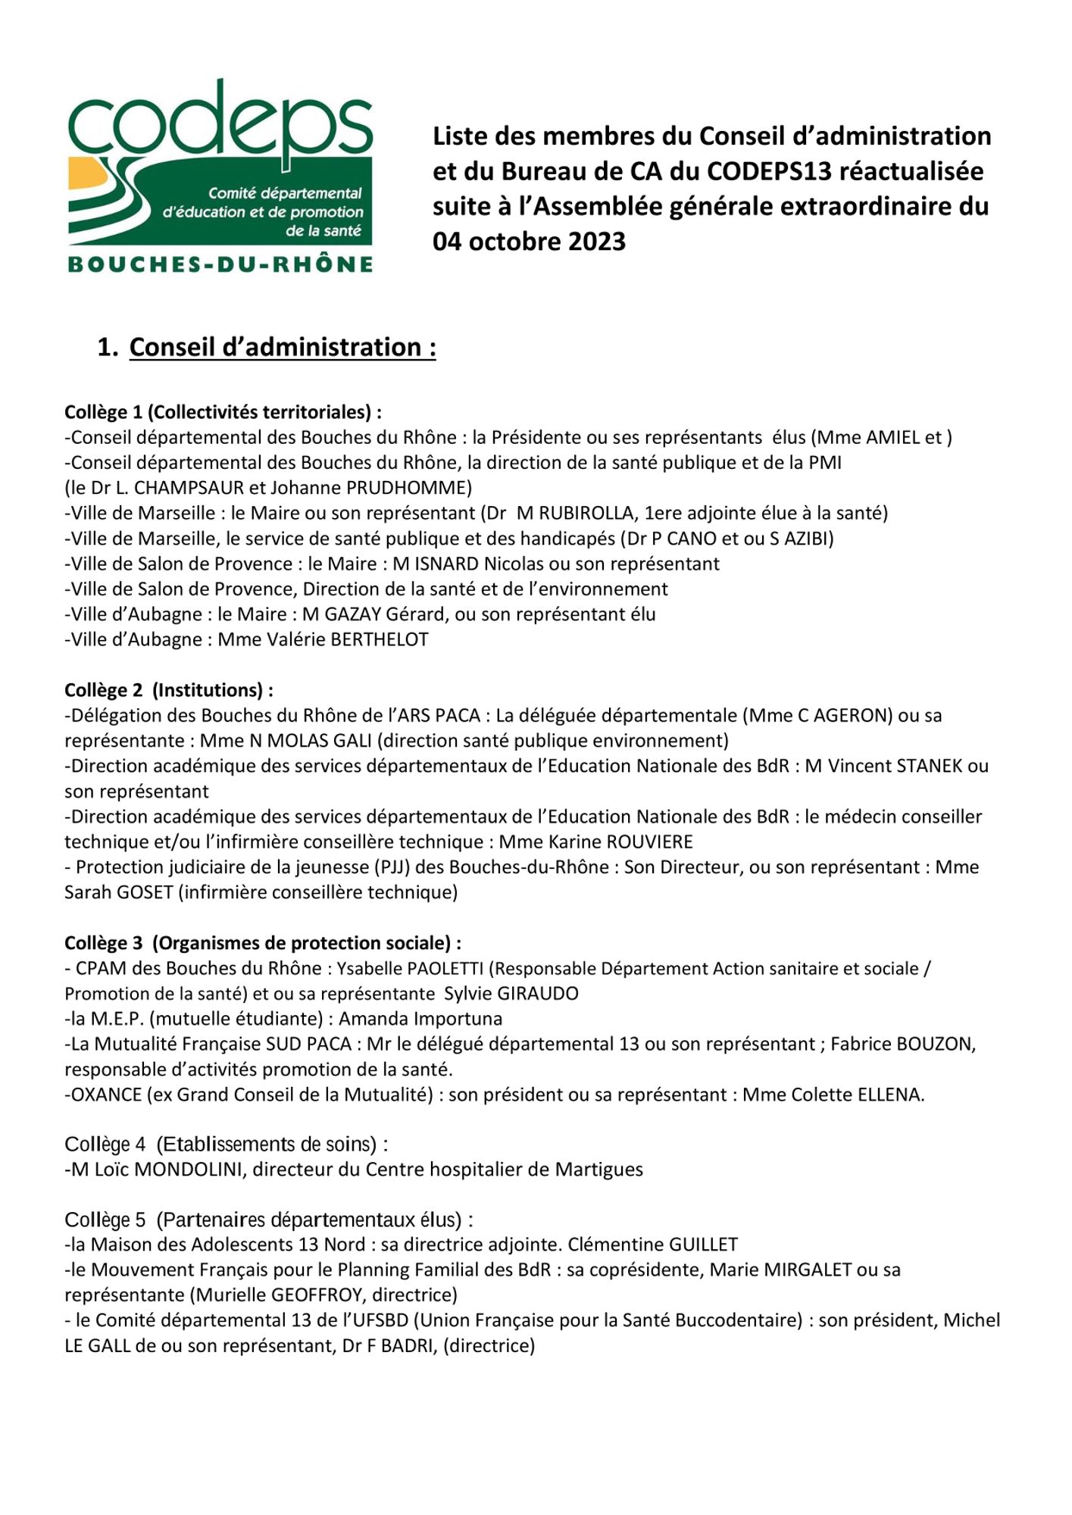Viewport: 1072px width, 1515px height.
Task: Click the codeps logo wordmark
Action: [220, 121]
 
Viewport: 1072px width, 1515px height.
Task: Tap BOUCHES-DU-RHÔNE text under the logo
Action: [220, 264]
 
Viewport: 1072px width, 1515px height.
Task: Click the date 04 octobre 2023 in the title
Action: [529, 242]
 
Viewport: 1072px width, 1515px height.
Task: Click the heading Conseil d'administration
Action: [282, 347]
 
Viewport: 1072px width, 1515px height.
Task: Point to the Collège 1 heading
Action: [223, 412]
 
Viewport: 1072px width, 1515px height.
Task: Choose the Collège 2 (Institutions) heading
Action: [168, 690]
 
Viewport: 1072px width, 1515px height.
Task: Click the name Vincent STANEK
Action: [896, 766]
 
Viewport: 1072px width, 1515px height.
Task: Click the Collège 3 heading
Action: [262, 943]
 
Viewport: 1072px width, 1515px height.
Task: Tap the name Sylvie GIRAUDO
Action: [511, 994]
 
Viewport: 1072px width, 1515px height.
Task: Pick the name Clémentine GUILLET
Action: [652, 1245]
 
